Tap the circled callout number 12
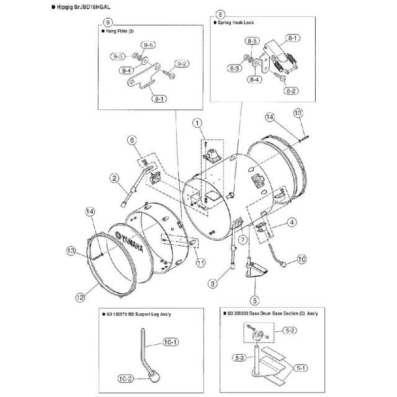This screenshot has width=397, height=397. click(80, 297)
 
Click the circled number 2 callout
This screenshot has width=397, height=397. click(115, 179)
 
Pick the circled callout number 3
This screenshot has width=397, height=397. click(213, 283)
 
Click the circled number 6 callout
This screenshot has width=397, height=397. click(131, 141)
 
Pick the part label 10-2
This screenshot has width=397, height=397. click(125, 377)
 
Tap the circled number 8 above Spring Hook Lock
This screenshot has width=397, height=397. click(220, 13)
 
